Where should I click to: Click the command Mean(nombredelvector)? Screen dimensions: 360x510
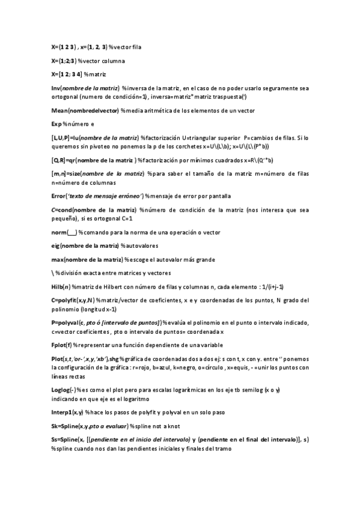tap(85, 111)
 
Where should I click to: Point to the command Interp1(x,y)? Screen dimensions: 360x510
tap(67, 412)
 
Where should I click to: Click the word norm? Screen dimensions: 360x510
tap(58, 233)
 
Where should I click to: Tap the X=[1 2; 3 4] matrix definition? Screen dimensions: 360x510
tap(66, 74)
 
